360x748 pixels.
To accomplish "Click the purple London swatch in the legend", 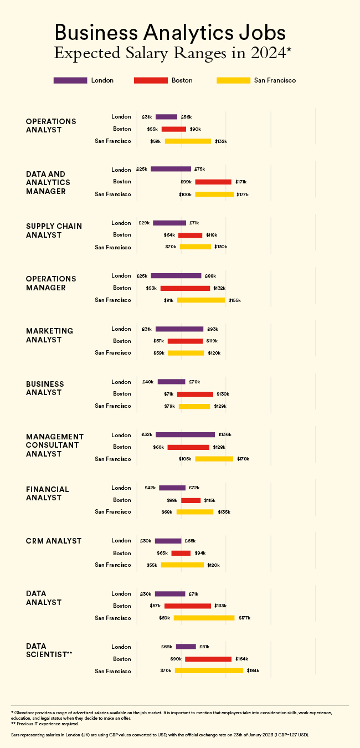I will coord(70,80).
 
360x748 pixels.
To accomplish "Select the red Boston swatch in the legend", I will coord(151,80).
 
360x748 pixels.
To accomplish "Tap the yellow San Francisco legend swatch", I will coord(233,80).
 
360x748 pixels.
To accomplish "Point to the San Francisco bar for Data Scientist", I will coord(209,671).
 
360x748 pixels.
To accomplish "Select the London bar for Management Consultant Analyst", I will coord(185,435).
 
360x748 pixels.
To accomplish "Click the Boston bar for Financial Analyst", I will coord(191,500).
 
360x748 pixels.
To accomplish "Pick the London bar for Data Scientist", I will coord(186,647).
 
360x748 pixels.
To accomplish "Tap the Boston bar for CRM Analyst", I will coord(181,553).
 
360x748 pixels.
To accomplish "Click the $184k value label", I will coord(253,671).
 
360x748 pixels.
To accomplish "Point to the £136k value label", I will coord(225,435).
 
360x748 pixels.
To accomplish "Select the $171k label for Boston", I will coord(241,182).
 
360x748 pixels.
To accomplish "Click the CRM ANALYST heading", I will coord(54,541).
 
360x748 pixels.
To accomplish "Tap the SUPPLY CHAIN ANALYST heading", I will coord(54,230).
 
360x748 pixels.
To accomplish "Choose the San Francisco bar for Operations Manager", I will coord(200,300).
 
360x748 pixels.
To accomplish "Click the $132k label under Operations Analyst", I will coord(221,141).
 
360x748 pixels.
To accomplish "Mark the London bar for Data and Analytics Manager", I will coord(171,169).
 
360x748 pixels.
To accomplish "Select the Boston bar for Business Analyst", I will coord(195,394).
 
